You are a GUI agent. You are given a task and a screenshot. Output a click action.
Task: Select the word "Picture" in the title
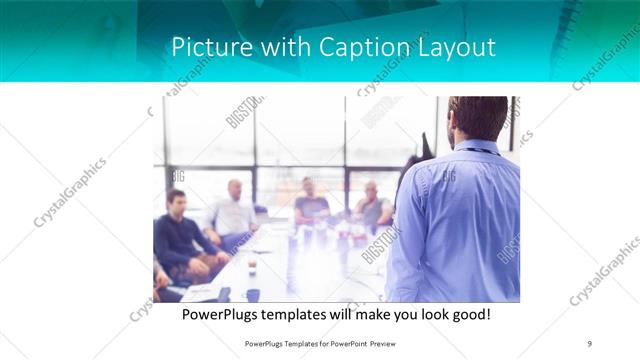click(206, 47)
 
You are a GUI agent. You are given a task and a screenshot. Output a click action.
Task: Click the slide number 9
click(590, 343)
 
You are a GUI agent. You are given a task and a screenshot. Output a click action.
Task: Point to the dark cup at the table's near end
click(252, 295)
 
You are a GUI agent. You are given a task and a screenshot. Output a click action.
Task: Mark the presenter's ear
click(453, 127)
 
